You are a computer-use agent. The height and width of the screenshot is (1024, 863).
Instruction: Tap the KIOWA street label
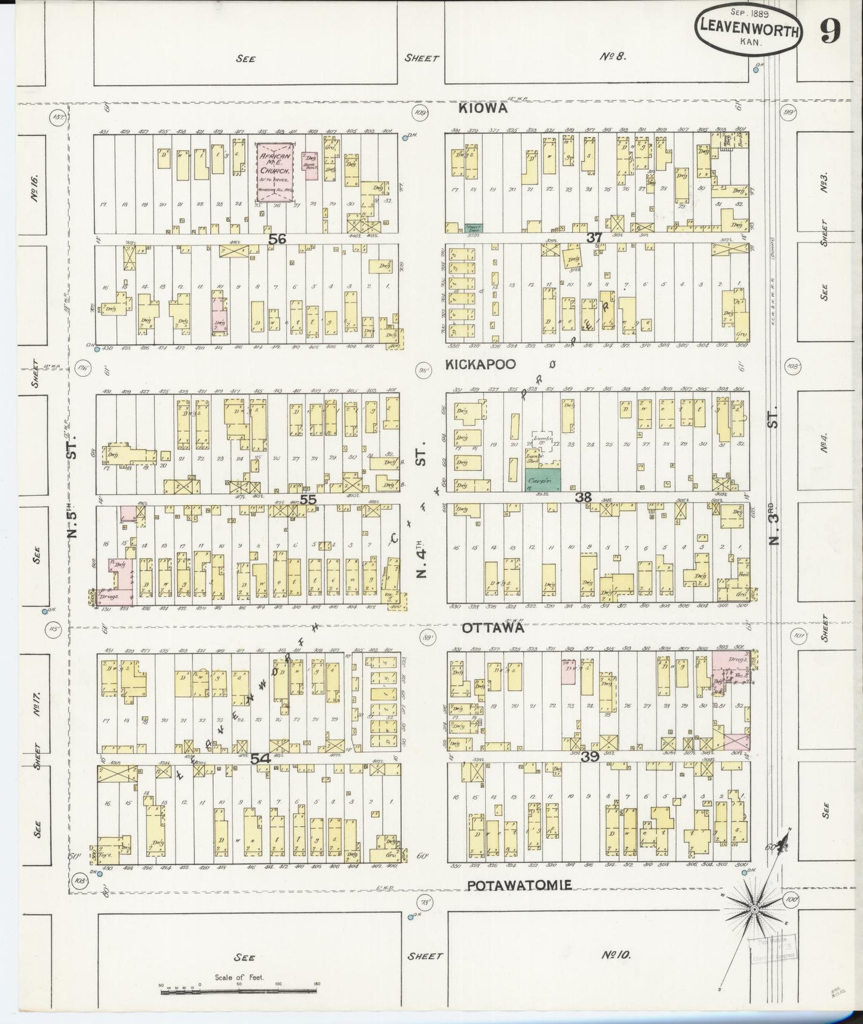click(x=484, y=108)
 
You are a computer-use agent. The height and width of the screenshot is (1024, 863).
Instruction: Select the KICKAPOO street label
click(x=481, y=364)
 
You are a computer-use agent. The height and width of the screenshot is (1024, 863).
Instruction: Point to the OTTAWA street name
click(x=493, y=628)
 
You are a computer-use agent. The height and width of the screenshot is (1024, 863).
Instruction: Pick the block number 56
click(x=277, y=239)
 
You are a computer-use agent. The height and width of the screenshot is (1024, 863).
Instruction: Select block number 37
click(x=594, y=238)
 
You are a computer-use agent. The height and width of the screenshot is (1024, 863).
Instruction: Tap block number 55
click(x=308, y=499)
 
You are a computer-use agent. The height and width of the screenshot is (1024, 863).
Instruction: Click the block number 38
click(x=583, y=497)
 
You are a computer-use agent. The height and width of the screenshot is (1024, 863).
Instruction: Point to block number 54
click(x=260, y=758)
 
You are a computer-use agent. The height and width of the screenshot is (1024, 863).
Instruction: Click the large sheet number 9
click(x=831, y=33)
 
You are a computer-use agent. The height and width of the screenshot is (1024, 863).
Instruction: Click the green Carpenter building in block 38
click(x=542, y=480)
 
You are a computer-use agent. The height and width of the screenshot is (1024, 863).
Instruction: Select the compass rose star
click(x=754, y=909)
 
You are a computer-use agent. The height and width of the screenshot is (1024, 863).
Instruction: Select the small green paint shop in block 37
click(x=474, y=228)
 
